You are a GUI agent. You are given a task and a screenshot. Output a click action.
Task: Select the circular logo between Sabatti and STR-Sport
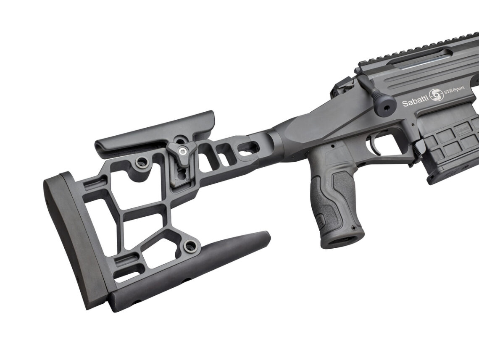pos(436,96)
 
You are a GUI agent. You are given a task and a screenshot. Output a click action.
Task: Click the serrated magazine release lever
pos(420,147)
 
